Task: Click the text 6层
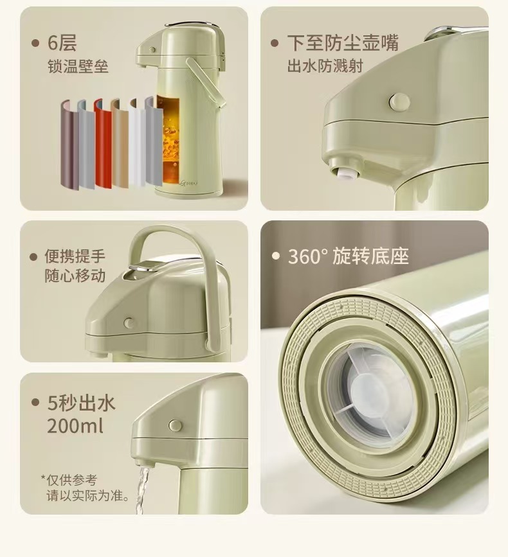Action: [62, 43]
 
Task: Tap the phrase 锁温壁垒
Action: [78, 66]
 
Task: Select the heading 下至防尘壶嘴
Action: [343, 43]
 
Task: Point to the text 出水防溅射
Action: [325, 66]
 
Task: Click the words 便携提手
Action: [75, 256]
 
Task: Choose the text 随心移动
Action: [75, 276]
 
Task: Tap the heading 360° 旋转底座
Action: [349, 256]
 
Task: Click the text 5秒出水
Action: [82, 403]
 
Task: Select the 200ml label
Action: [75, 425]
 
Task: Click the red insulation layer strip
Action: [103, 144]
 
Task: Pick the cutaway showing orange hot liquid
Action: [168, 139]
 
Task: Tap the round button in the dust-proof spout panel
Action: [399, 102]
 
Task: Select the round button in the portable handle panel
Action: [129, 323]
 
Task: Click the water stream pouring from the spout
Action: [141, 490]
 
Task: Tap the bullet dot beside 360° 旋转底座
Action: [276, 256]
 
